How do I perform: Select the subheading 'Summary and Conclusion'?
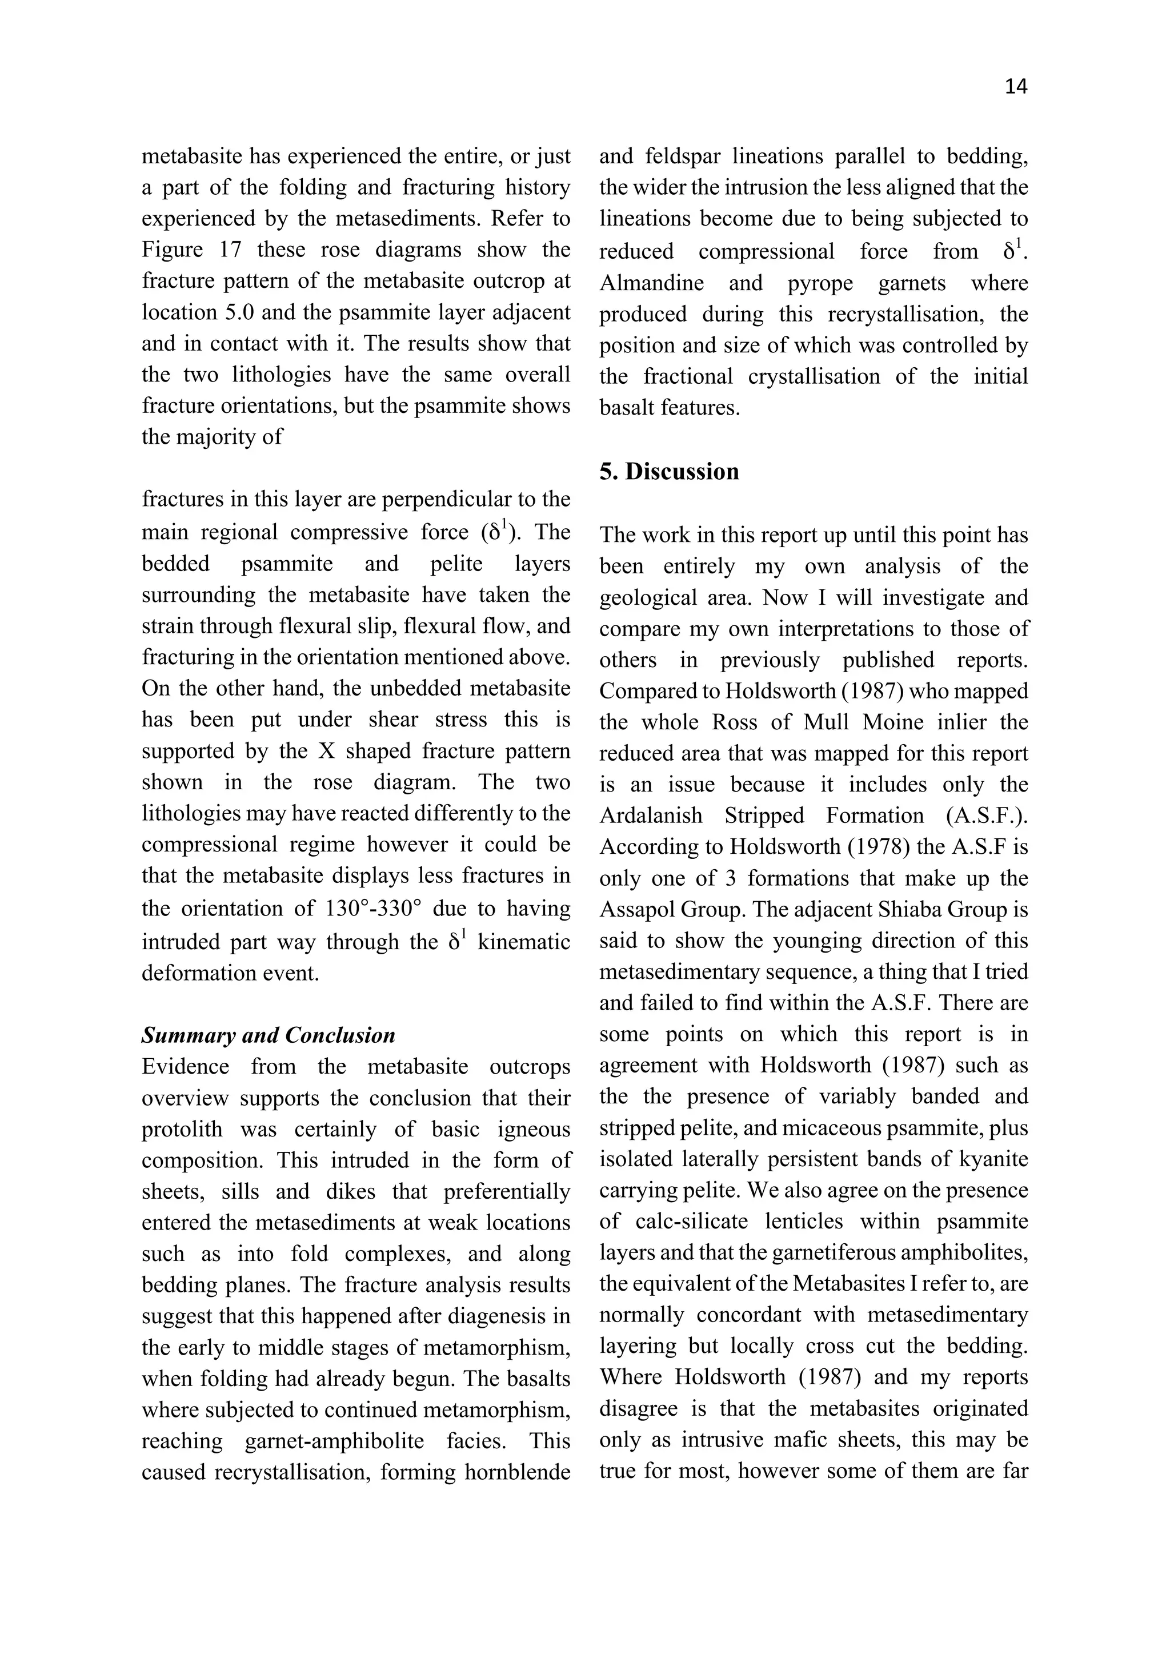[268, 1036]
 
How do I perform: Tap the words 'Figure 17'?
[191, 250]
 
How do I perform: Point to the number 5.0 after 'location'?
[253, 313]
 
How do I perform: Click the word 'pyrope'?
[820, 283]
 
